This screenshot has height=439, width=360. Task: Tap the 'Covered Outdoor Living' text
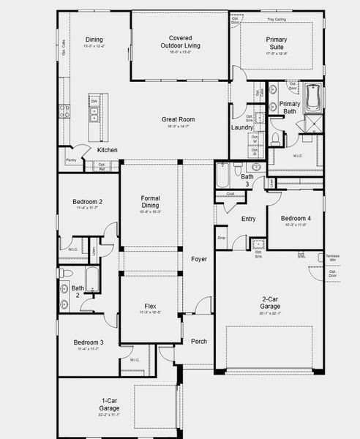pos(180,42)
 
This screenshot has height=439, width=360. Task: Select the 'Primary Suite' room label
pos(277,42)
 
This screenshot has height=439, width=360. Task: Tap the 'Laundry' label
pos(241,127)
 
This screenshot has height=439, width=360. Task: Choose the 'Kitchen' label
pos(108,150)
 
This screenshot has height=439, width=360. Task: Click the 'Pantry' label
pos(71,160)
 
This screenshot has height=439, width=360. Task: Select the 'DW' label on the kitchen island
pos(94,102)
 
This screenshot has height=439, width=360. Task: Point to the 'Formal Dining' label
pos(150,202)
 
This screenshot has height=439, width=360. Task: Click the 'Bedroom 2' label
pos(87,202)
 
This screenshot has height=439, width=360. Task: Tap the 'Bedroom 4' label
pos(295,219)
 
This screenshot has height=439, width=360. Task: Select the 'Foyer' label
pos(199,259)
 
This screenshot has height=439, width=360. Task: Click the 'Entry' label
pos(249,219)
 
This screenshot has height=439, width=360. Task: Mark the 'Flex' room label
pos(150,307)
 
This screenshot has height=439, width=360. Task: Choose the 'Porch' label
pos(199,341)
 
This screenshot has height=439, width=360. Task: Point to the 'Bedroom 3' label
pos(87,342)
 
